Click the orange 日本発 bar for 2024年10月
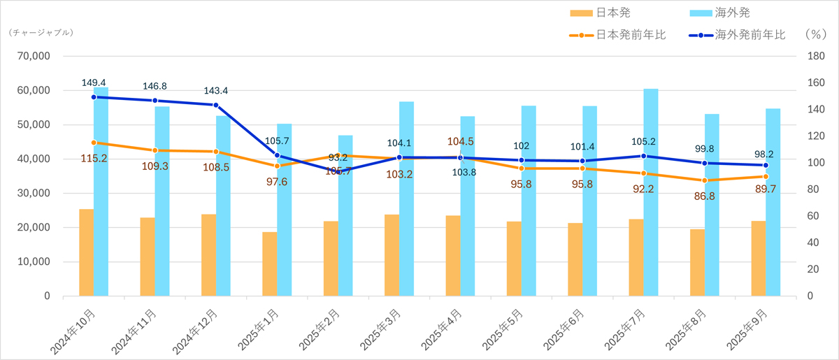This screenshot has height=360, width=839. [x=86, y=252]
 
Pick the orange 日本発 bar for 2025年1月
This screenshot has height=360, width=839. [x=269, y=264]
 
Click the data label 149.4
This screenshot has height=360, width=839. [x=94, y=83]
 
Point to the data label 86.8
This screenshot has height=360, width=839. [x=704, y=196]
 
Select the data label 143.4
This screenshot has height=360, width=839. [x=216, y=91]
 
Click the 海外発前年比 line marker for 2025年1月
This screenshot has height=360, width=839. [x=277, y=155]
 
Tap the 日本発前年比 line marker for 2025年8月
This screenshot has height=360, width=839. [x=705, y=180]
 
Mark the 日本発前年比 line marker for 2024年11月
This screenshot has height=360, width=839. [x=155, y=150]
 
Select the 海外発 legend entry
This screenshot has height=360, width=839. [x=728, y=13]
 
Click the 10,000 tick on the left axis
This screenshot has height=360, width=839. [x=33, y=261]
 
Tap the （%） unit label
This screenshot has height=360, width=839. [x=815, y=34]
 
